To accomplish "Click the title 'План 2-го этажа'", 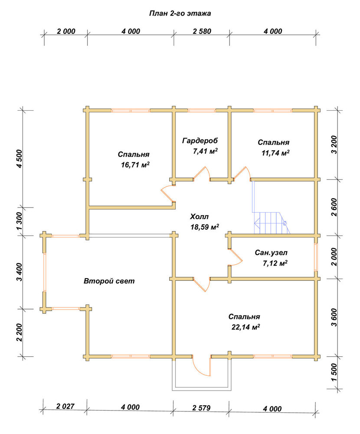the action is pyautogui.click(x=180, y=13).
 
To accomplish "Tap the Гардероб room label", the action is pyautogui.click(x=200, y=141).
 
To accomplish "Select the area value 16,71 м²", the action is pyautogui.click(x=135, y=165).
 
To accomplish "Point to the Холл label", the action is pyautogui.click(x=199, y=217).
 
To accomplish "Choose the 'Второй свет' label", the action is pyautogui.click(x=109, y=281).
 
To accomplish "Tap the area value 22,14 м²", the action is pyautogui.click(x=246, y=327).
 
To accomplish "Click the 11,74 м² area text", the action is pyautogui.click(x=275, y=153).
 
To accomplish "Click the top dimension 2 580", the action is pyautogui.click(x=202, y=31).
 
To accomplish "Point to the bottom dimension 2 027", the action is pyautogui.click(x=65, y=406).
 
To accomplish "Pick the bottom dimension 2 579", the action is pyautogui.click(x=201, y=408).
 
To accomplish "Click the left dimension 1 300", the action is pyautogui.click(x=19, y=221).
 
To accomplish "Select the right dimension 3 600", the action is pyautogui.click(x=334, y=318).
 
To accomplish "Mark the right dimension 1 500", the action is pyautogui.click(x=334, y=372).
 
